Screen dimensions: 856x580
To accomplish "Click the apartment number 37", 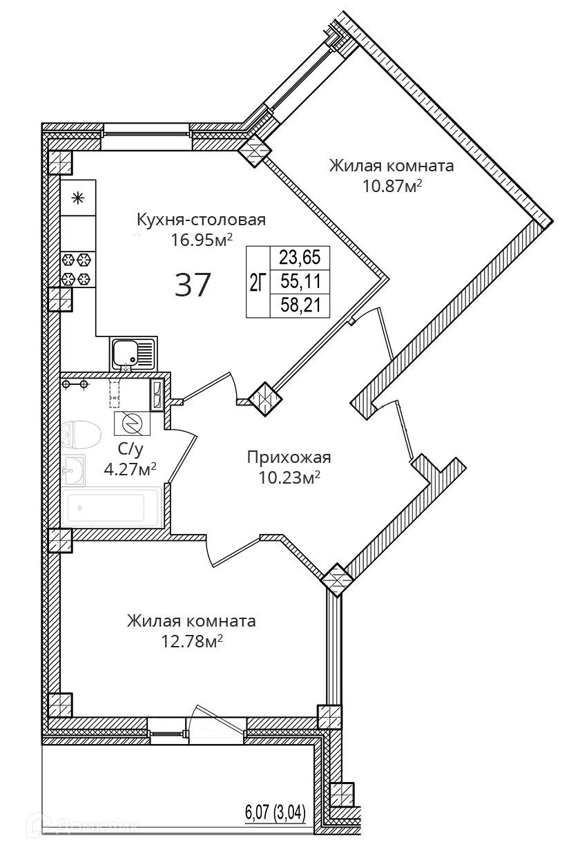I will pyautogui.click(x=193, y=284).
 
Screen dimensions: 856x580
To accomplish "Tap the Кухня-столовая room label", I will pyautogui.click(x=201, y=220).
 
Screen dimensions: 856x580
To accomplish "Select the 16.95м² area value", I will pyautogui.click(x=201, y=239).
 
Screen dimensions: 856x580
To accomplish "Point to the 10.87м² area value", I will pyautogui.click(x=392, y=185).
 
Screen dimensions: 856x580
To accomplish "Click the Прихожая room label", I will pyautogui.click(x=289, y=457).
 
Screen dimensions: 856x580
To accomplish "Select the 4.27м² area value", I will pyautogui.click(x=129, y=469).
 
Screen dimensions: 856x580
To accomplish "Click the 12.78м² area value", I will pyautogui.click(x=191, y=640).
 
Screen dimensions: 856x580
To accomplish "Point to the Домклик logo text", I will pyautogui.click(x=99, y=826).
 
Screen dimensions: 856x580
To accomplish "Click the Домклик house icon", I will pyautogui.click(x=37, y=825).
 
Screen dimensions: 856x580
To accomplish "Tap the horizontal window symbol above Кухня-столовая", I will pyautogui.click(x=146, y=136).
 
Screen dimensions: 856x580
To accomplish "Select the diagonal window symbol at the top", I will pyautogui.click(x=302, y=80).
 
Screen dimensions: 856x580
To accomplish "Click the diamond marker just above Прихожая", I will pyautogui.click(x=264, y=399).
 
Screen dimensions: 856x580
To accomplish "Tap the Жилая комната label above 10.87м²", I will pyautogui.click(x=391, y=166).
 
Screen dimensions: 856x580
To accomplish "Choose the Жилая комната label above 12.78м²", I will pyautogui.click(x=191, y=621).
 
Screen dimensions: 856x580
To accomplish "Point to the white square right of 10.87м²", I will pyautogui.click(x=441, y=259).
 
